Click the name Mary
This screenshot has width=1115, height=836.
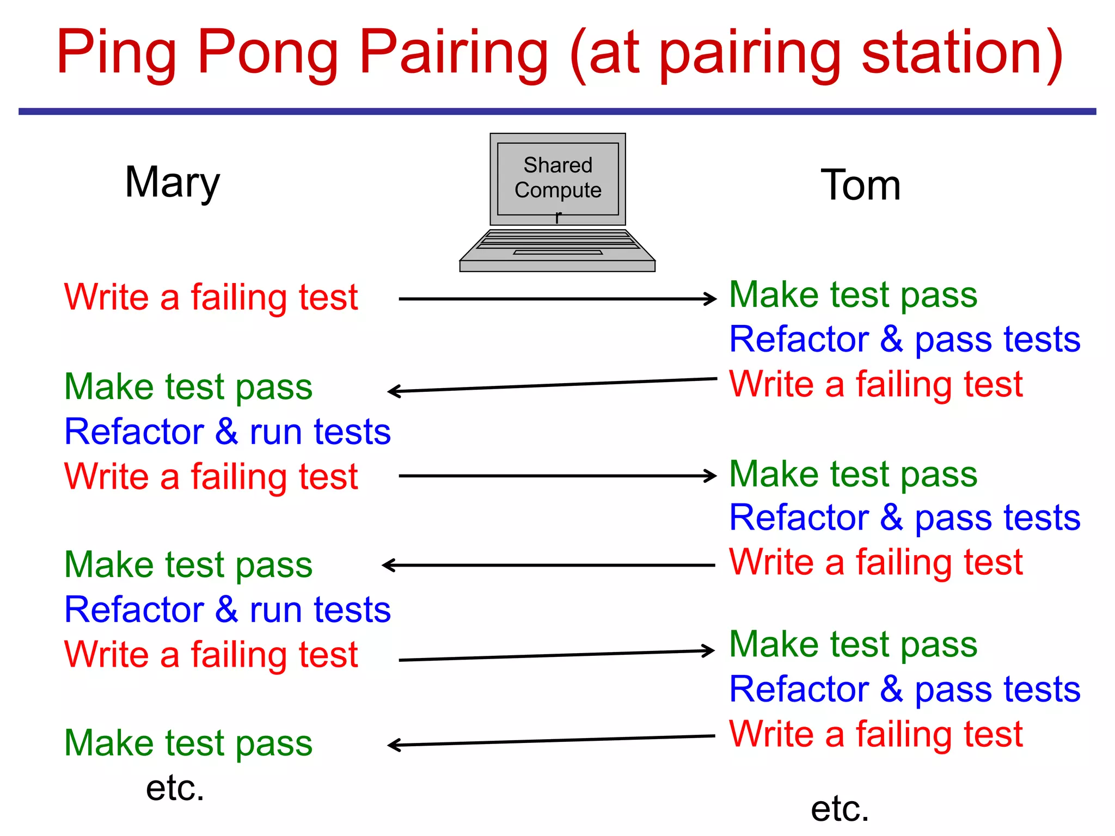[172, 183]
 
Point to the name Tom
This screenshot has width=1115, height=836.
[860, 186]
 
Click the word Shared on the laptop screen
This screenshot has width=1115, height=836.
[557, 165]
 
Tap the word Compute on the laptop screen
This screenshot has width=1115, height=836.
[557, 190]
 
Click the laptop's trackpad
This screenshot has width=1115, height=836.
[557, 253]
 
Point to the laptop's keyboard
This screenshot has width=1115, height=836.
[557, 239]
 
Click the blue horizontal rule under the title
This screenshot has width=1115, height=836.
[557, 112]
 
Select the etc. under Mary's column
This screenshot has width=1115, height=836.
[175, 788]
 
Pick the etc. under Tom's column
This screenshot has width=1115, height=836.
[840, 809]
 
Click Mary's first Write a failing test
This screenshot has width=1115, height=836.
[211, 298]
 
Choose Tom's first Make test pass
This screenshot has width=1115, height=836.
[853, 295]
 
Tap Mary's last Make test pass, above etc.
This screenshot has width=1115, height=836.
[188, 743]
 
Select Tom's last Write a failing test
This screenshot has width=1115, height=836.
[875, 734]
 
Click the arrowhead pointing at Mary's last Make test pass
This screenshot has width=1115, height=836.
[393, 745]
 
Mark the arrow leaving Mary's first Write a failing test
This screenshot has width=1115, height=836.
[555, 299]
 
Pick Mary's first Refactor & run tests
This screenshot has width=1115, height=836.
[227, 432]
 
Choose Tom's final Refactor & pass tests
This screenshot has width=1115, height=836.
[904, 690]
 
